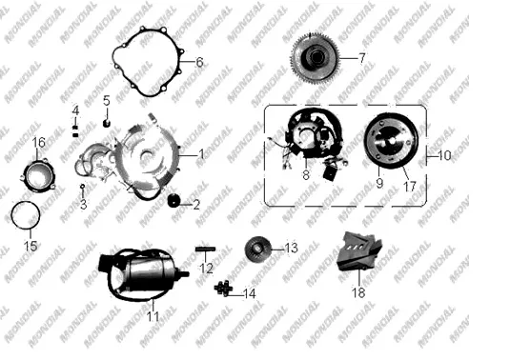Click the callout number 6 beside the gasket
point(199,62)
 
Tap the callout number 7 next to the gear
point(361,58)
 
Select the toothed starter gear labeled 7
point(316,58)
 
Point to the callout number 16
point(38,142)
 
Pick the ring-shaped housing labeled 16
point(38,174)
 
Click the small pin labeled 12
point(205,250)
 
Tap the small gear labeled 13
point(257,250)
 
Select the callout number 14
point(250,293)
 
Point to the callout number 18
point(358,292)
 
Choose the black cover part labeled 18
point(358,251)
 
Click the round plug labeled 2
point(173,200)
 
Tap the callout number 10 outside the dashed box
point(444,155)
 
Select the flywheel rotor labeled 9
point(391,140)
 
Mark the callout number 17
point(410,187)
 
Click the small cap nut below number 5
point(107,123)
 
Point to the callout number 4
point(75,110)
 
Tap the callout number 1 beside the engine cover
point(202,154)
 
